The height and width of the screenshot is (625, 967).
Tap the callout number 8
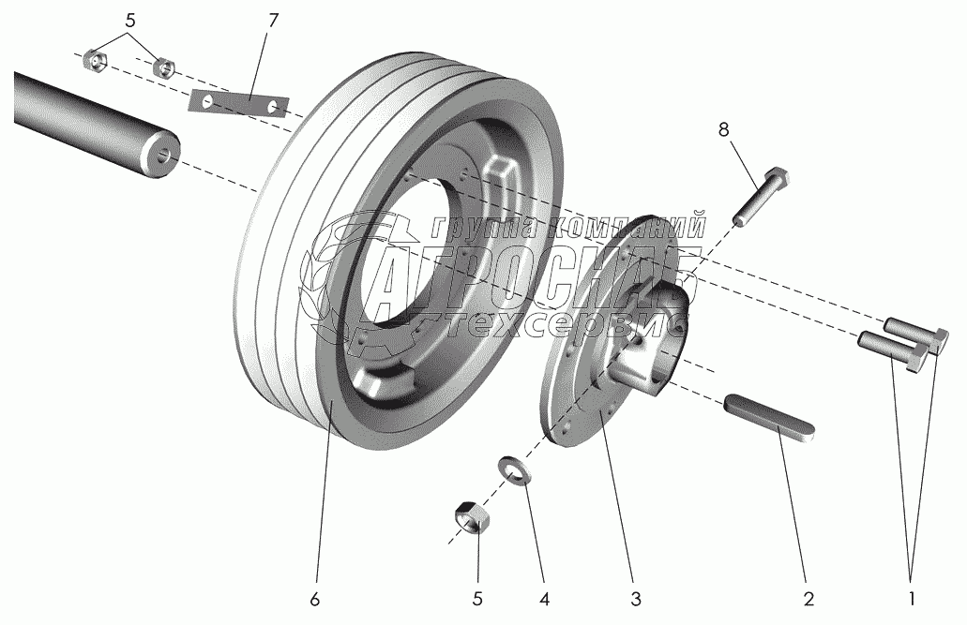[723, 130]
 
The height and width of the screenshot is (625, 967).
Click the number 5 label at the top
[130, 21]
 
